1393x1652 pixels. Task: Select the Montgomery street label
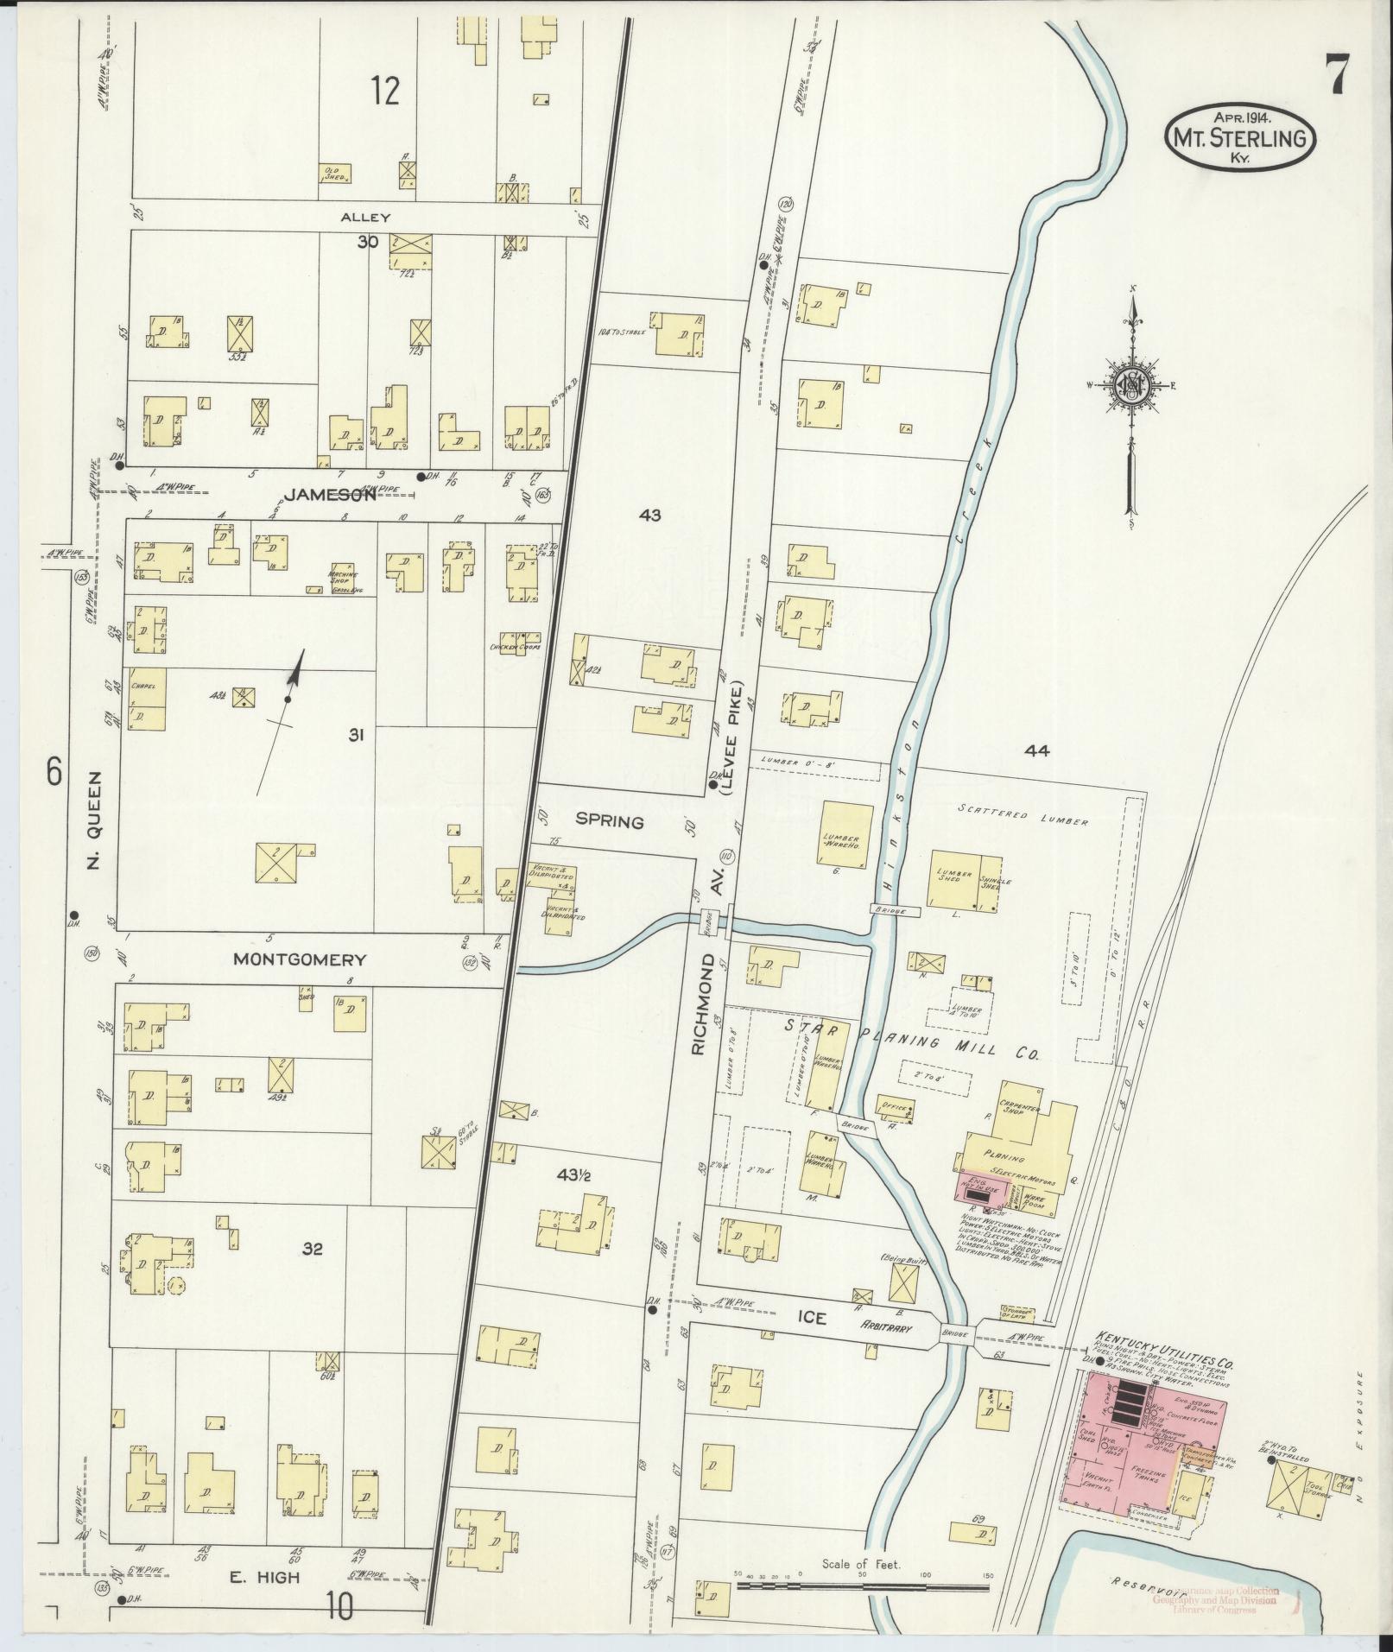(x=300, y=959)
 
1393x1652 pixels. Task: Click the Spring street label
(x=611, y=821)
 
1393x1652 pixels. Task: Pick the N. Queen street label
(x=94, y=819)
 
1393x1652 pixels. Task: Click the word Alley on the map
(x=365, y=218)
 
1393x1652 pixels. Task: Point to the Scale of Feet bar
(x=861, y=1586)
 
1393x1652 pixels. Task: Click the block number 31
(x=356, y=736)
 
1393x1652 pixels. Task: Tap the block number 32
(x=312, y=1248)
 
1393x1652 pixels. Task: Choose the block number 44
(x=1036, y=751)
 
